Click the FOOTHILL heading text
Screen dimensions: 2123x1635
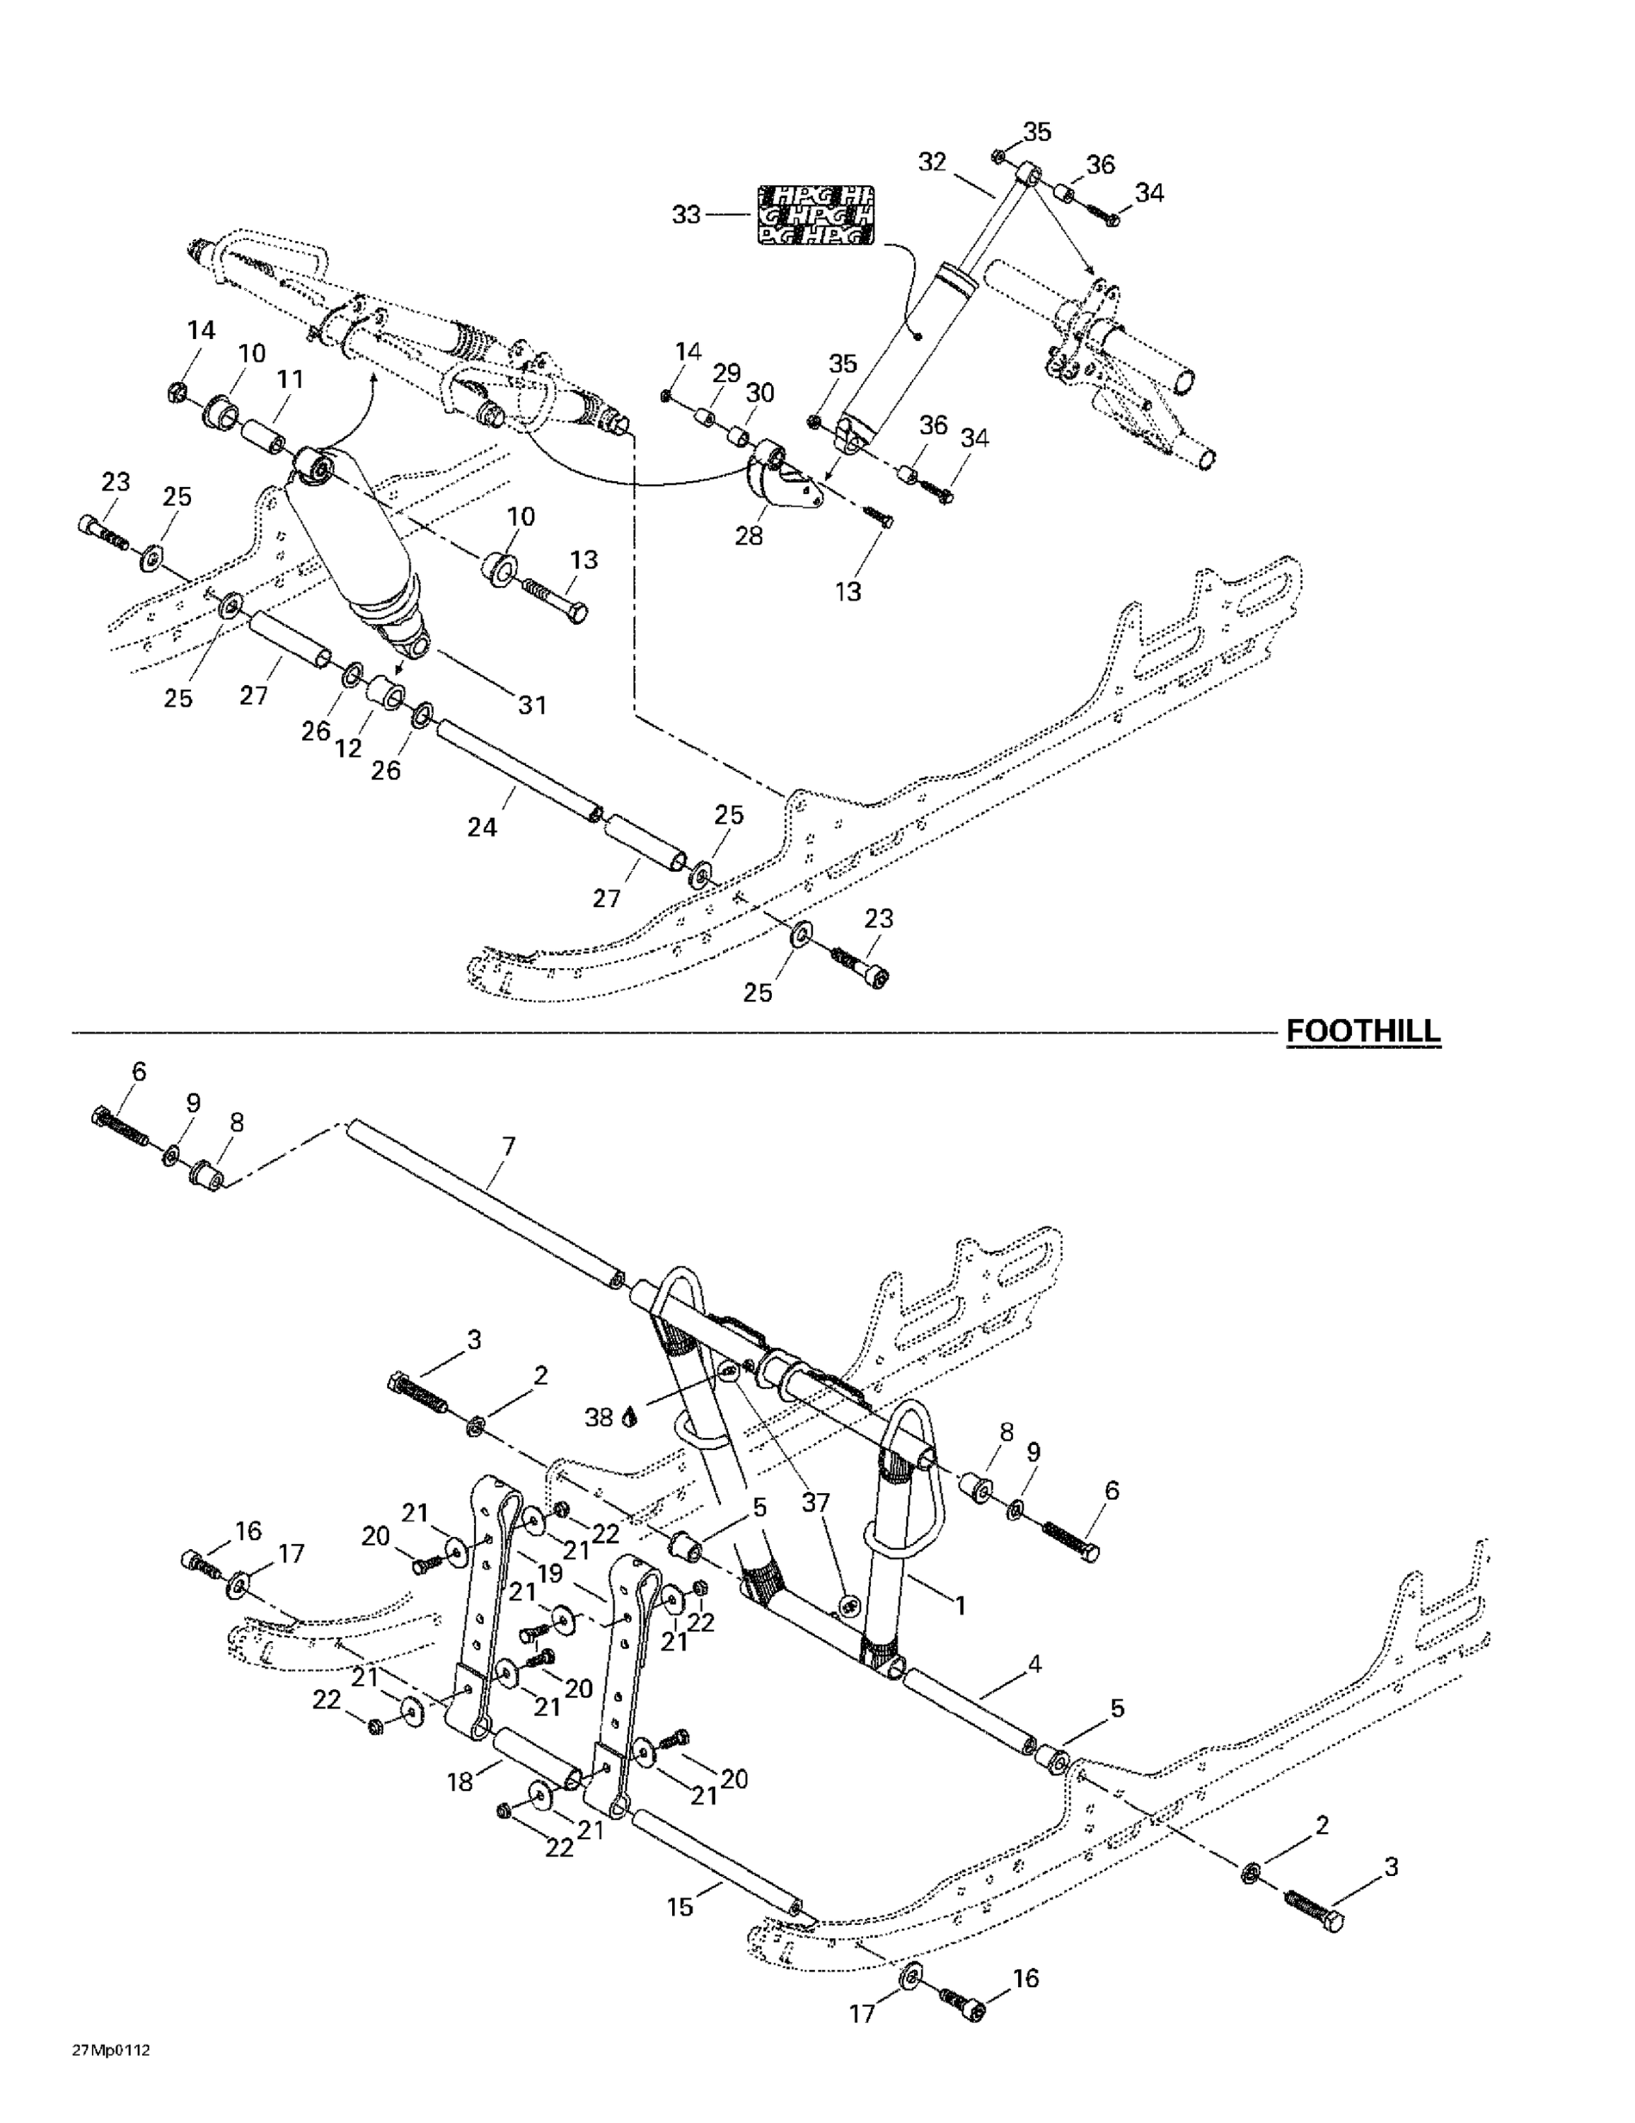[x=1363, y=1031]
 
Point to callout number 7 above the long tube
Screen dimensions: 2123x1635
[x=507, y=1147]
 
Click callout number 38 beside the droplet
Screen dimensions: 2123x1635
[x=599, y=1417]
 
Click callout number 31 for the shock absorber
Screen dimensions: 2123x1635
[x=532, y=705]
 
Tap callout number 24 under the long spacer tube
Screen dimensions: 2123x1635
[x=482, y=827]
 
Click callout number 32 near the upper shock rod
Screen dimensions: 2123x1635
[x=931, y=162]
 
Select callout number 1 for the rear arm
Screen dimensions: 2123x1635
[x=960, y=1606]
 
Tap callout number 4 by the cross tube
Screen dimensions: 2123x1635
[x=1034, y=1664]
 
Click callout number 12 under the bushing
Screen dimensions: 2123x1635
[x=348, y=749]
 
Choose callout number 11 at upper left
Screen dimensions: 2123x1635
[x=289, y=380]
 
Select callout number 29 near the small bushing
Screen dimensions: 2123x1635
[x=726, y=373]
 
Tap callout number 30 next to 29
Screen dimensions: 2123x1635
[x=759, y=393]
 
